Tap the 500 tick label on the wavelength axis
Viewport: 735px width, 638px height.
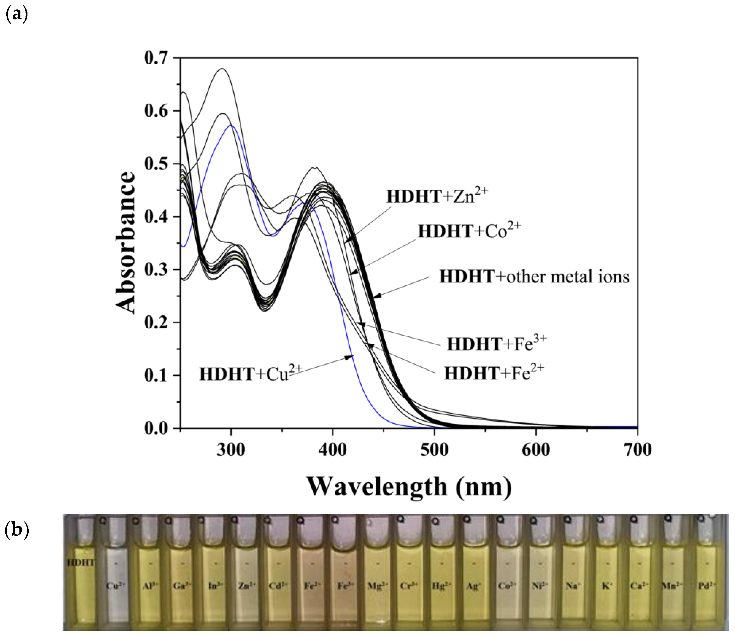tap(434, 450)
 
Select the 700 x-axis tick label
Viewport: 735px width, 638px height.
tap(637, 450)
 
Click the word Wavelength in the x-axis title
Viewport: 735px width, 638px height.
tap(377, 487)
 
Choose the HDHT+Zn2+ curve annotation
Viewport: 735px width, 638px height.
tap(437, 196)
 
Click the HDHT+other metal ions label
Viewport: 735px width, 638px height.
tap(534, 277)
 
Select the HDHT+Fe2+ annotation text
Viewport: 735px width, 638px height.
tap(494, 373)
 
